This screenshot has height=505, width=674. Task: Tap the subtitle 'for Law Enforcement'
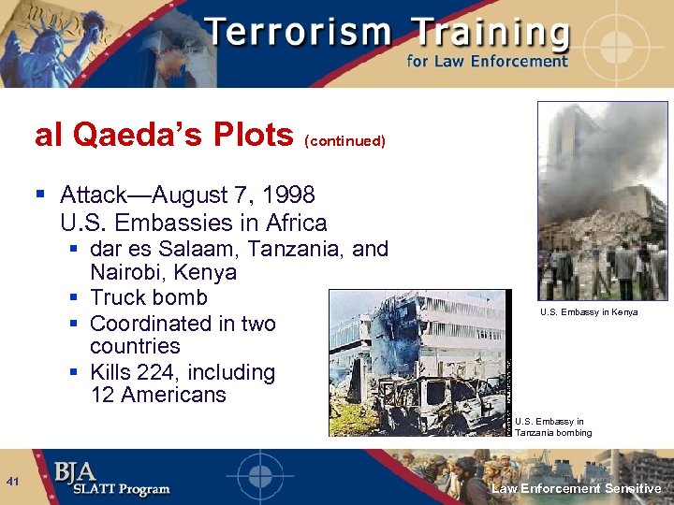pyautogui.click(x=487, y=62)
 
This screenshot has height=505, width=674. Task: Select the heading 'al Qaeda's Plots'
pyautogui.click(x=164, y=136)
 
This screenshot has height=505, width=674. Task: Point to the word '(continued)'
pyautogui.click(x=344, y=141)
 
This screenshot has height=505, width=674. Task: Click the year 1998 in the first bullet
pyautogui.click(x=288, y=195)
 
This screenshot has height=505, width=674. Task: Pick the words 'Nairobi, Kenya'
pyautogui.click(x=163, y=273)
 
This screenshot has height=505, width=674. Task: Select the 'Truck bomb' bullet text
pyautogui.click(x=149, y=297)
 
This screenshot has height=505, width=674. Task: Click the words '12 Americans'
pyautogui.click(x=158, y=395)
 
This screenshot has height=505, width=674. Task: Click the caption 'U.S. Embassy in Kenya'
pyautogui.click(x=589, y=312)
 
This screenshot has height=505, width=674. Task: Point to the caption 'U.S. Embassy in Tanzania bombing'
pyautogui.click(x=553, y=427)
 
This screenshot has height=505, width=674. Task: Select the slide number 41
pyautogui.click(x=13, y=482)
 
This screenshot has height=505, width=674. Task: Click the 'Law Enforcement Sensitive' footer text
pyautogui.click(x=577, y=488)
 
